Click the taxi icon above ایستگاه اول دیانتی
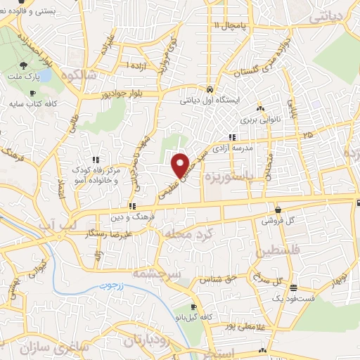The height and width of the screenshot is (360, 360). point(210,90)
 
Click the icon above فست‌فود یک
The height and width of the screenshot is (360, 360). point(292,288)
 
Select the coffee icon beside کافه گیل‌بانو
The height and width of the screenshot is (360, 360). point(193,307)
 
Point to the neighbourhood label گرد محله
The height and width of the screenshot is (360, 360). point(185,232)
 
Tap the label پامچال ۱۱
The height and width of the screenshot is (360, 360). point(231,26)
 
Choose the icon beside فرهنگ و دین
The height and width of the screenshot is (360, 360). point(131,206)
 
